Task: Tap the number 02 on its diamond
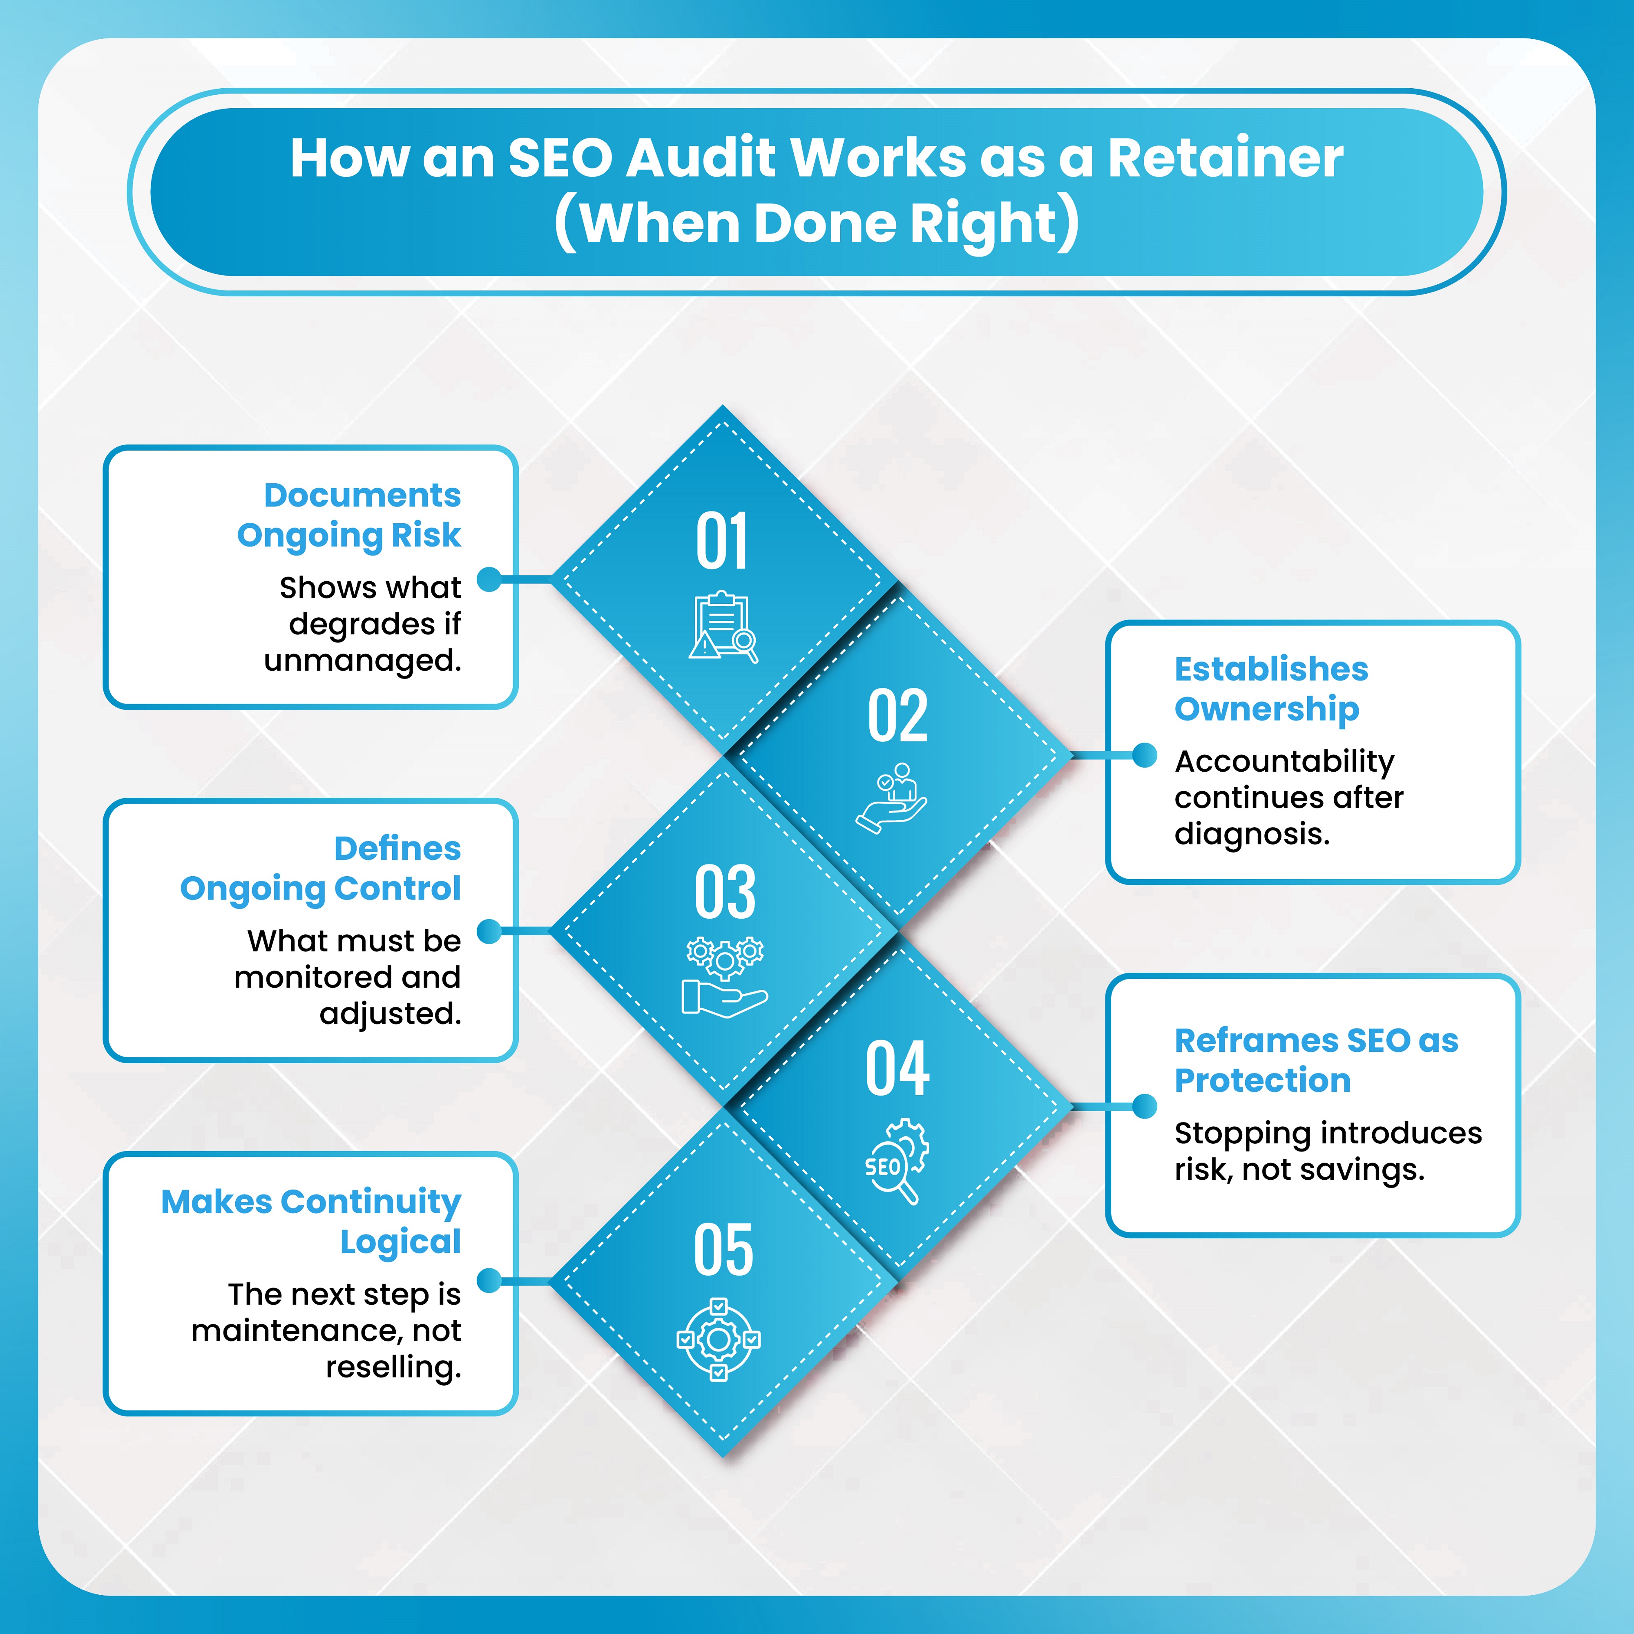coord(897,717)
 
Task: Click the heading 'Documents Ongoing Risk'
coord(349,515)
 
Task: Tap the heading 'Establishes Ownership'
coord(1270,688)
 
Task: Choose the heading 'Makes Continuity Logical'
coord(311,1221)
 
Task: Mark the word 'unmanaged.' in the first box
coord(363,661)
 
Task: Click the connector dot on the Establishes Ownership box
coord(1144,755)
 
